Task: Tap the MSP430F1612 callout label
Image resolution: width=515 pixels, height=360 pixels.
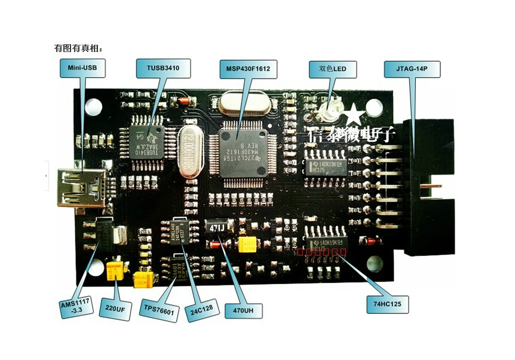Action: (248, 69)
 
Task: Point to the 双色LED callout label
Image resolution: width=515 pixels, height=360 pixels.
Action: (332, 69)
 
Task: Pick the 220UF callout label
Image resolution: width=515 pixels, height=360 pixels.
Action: (115, 309)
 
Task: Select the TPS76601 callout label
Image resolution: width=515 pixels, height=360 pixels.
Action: (160, 311)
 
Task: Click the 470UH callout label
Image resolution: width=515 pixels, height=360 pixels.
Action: (243, 311)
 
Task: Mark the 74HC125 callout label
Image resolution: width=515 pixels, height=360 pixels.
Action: (387, 304)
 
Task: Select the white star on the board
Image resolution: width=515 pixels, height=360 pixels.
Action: (354, 114)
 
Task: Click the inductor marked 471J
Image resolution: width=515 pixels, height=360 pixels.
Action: (216, 227)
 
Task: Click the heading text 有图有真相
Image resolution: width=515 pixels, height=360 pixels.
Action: (78, 48)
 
